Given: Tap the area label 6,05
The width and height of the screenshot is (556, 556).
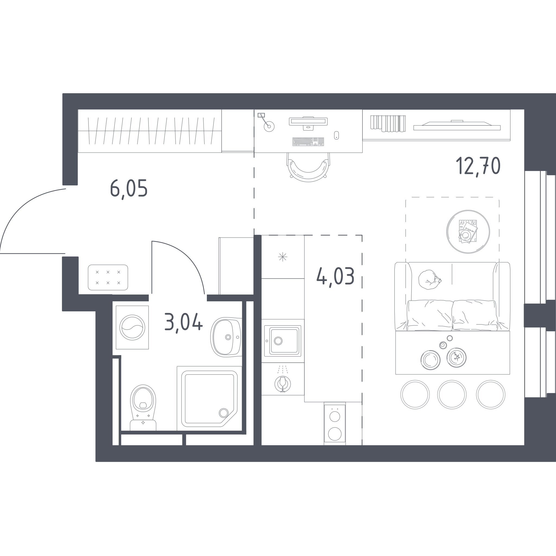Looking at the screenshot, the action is [x=129, y=189].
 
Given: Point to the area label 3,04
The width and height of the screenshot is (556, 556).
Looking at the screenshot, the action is [x=184, y=322].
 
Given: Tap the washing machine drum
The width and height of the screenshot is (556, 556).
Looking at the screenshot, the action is [x=132, y=327].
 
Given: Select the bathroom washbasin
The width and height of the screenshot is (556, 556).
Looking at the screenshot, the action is [x=226, y=337].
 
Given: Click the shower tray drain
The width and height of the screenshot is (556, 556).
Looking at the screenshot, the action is [x=224, y=413].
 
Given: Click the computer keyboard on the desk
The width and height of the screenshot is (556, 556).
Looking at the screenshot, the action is [x=308, y=142].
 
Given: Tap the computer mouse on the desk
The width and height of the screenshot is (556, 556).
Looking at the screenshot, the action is [x=336, y=135].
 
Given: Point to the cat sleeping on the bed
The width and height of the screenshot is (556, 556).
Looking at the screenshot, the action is [x=429, y=279].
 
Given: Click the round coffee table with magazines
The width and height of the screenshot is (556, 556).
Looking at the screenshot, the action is [x=468, y=232].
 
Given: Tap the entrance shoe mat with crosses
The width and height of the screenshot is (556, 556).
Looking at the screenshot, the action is [x=108, y=277].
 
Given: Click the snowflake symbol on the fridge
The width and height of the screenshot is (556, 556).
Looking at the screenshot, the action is [x=283, y=257].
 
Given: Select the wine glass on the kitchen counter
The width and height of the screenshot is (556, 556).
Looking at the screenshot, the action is [x=283, y=384].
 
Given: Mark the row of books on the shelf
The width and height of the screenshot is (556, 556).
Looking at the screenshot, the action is [x=388, y=124].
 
